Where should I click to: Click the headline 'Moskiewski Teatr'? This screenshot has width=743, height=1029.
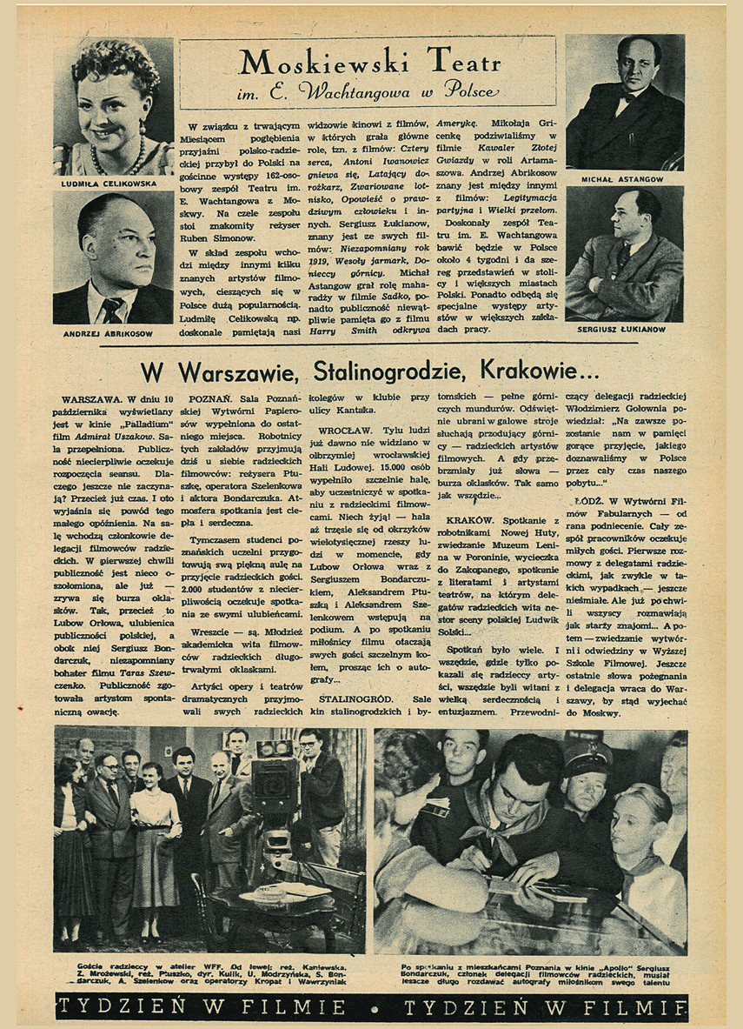coord(369,63)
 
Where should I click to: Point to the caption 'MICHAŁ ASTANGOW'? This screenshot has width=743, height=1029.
coord(621,179)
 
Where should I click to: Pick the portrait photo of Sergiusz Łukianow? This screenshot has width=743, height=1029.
coord(624,254)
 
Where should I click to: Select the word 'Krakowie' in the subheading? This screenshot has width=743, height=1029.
coord(539,371)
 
